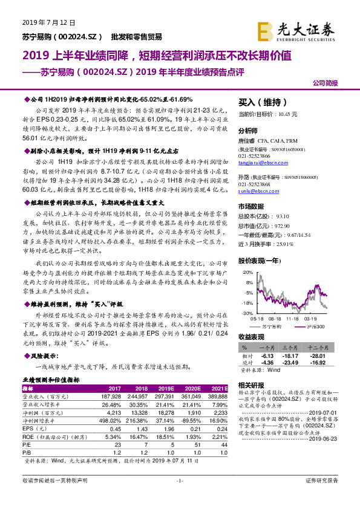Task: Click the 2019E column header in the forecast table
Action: click(165, 388)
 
